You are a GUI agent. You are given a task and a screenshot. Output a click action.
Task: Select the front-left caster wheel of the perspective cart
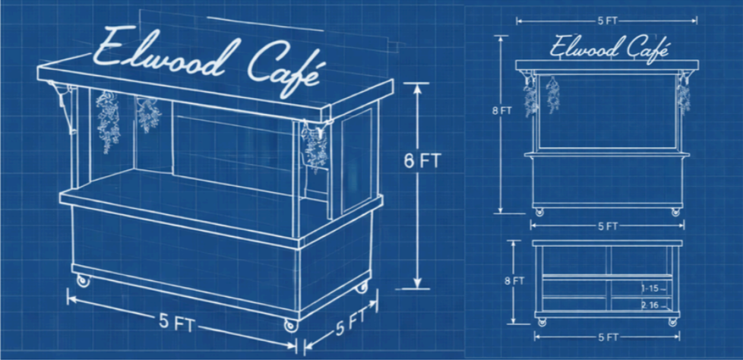pos(83,280)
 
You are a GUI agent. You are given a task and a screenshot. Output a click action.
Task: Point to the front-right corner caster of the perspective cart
pos(290,325)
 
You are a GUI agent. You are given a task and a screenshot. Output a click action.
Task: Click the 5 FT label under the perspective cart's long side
pos(180,322)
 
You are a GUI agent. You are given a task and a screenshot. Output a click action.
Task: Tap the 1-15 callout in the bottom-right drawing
pos(650,289)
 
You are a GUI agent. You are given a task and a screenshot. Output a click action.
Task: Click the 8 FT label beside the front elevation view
pos(501,110)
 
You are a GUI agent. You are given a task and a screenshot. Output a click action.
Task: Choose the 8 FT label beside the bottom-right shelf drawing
pos(517,280)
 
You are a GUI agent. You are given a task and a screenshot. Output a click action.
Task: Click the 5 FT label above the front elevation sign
pos(607,21)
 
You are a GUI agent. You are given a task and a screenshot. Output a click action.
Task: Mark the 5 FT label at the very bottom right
pos(607,336)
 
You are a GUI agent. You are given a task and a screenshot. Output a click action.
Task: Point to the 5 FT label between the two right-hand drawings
pos(607,226)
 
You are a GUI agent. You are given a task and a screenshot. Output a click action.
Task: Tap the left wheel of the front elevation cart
pos(539,212)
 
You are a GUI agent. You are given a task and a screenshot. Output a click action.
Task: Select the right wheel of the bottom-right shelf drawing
pos(672,321)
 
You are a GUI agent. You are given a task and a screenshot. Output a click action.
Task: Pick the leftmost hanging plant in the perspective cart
pos(107,119)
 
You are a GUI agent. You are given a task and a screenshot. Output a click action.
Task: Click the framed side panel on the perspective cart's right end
pos(356,159)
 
